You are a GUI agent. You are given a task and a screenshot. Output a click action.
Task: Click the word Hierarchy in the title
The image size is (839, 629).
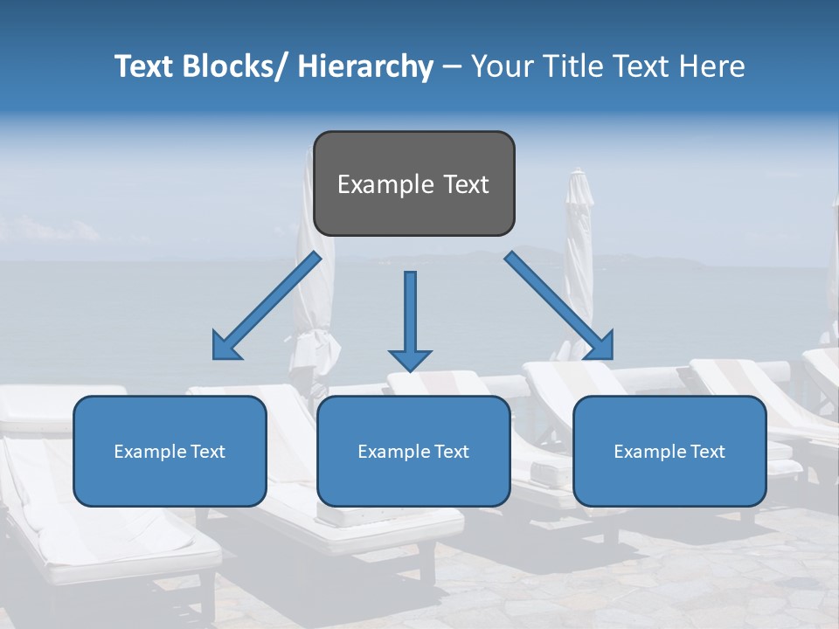click(364, 66)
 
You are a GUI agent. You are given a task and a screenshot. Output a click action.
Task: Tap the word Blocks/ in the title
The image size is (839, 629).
click(236, 66)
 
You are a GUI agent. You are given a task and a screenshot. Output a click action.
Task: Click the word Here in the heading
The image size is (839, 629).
click(713, 66)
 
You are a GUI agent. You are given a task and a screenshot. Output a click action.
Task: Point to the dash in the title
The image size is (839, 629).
click(452, 66)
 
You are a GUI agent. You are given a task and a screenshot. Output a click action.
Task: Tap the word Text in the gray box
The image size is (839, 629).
click(466, 184)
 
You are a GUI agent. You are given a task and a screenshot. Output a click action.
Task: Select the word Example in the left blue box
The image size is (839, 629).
click(150, 452)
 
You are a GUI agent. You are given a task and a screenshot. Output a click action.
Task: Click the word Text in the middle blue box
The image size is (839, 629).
click(453, 452)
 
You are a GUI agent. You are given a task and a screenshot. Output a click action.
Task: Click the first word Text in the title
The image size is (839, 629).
click(145, 66)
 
